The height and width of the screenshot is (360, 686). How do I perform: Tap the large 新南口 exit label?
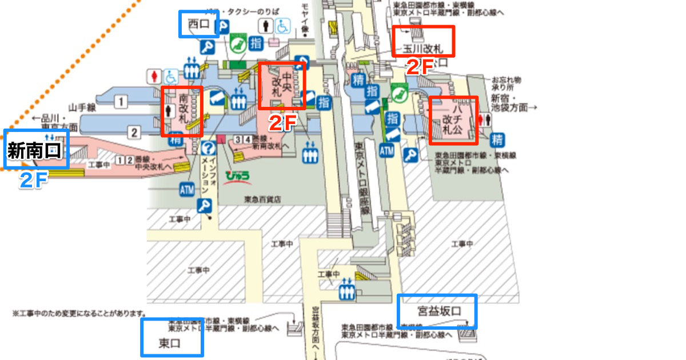(x=34, y=151)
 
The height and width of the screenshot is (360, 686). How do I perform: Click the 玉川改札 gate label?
(x=424, y=49)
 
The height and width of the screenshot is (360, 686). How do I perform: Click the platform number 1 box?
(x=120, y=103)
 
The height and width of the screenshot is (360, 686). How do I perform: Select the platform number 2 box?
(x=133, y=133)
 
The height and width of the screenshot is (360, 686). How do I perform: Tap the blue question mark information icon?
(x=208, y=148)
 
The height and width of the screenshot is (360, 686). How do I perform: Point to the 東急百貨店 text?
(x=262, y=199)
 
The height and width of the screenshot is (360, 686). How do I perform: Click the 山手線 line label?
(x=81, y=106)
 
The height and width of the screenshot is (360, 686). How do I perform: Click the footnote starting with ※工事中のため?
(x=79, y=314)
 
